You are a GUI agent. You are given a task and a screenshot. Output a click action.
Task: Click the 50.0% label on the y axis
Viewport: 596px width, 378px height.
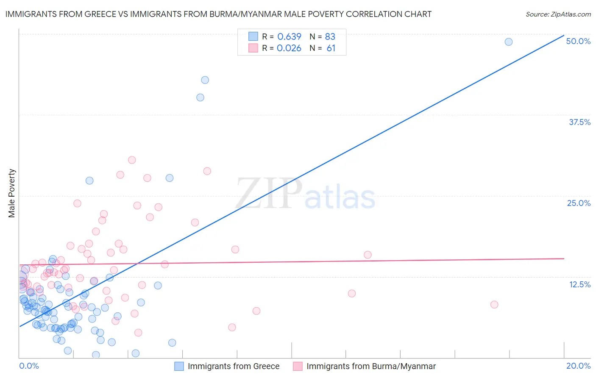[x=578, y=41]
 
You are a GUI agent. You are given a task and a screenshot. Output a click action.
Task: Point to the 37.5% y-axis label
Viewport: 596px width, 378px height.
[x=579, y=122]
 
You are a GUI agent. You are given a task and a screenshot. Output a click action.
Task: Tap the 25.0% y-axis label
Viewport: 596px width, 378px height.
[x=579, y=203]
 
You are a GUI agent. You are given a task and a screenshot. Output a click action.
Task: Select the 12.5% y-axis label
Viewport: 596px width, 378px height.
[x=579, y=284]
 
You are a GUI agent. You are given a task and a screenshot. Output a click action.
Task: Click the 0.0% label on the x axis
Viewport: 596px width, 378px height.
[x=29, y=366]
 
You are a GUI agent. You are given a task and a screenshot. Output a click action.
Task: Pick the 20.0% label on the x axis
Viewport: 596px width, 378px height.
[x=578, y=366]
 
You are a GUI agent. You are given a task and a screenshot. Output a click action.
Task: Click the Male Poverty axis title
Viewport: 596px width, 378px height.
[x=12, y=193]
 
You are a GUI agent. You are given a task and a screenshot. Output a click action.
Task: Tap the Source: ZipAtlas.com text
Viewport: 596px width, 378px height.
[x=558, y=14]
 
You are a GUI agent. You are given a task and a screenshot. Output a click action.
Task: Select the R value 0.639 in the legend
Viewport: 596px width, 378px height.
[x=289, y=36]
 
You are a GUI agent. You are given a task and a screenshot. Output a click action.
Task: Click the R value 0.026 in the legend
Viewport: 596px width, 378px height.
[x=289, y=48]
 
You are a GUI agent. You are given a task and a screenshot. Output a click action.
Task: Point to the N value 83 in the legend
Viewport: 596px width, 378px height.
[x=330, y=36]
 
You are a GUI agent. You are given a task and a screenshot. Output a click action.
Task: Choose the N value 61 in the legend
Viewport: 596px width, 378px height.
[x=331, y=48]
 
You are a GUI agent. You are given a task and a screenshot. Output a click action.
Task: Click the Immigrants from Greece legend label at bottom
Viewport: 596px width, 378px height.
[x=234, y=366]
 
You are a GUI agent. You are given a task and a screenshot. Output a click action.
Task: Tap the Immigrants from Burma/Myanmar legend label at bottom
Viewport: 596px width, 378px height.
[x=371, y=366]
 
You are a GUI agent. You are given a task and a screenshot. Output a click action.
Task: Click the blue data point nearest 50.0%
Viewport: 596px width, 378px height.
[x=508, y=42]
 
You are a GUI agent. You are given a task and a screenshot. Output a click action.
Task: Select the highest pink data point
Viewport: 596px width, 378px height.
[x=132, y=160]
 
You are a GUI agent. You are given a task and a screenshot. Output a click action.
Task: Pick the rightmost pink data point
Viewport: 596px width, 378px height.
[x=494, y=304]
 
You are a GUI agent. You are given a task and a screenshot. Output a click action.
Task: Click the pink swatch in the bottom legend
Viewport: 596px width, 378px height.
[x=298, y=366]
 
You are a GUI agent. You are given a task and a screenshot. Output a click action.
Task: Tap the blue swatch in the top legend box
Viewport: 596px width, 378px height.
[x=253, y=36]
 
